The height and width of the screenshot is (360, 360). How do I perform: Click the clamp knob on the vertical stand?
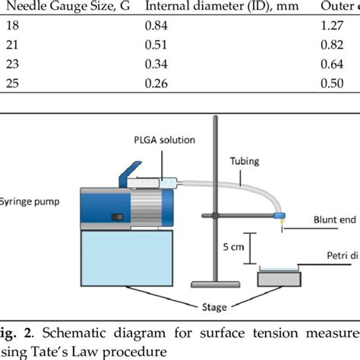pyautogui.click(x=215, y=217)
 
